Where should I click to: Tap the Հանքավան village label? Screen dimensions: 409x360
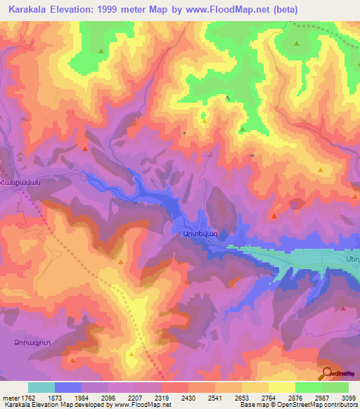tap(22, 181)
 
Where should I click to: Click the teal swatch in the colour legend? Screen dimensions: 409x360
tap(41, 387)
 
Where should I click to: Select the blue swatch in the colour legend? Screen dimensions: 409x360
tap(68, 387)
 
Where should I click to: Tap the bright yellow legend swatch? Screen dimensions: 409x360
tap(281, 387)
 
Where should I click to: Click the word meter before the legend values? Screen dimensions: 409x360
tap(8, 398)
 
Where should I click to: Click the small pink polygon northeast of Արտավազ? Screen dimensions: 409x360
tap(296, 204)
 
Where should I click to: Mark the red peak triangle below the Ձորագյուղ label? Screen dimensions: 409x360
tap(72, 360)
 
